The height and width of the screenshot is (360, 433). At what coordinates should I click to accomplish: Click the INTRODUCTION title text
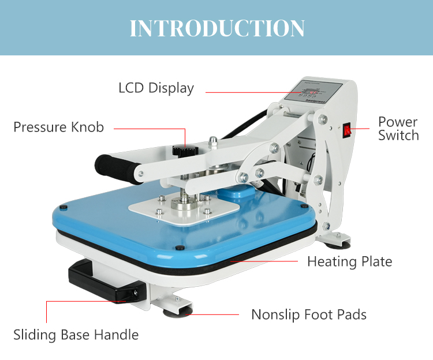(216, 28)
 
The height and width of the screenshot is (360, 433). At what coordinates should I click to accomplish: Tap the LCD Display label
(156, 88)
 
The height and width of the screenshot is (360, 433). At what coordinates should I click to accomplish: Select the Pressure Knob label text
(59, 127)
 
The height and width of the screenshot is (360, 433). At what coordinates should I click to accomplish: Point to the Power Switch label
(398, 129)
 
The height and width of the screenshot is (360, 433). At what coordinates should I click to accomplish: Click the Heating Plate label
(349, 261)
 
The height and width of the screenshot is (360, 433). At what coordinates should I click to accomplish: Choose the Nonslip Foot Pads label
(309, 314)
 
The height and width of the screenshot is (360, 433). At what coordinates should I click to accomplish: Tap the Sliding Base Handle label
(76, 335)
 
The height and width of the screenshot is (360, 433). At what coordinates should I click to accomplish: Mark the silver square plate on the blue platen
(184, 207)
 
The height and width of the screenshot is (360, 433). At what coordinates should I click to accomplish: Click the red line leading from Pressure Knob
(149, 128)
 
